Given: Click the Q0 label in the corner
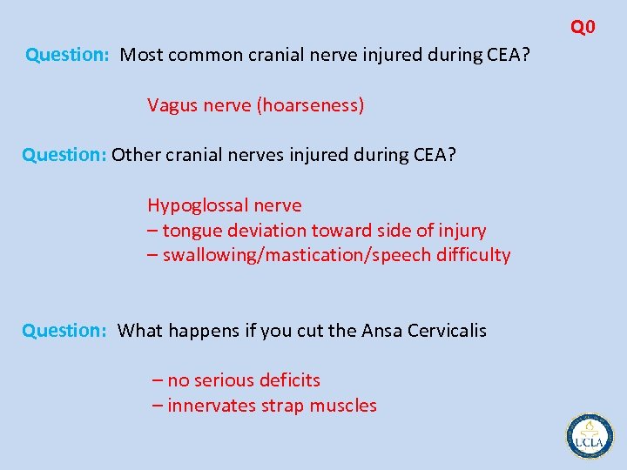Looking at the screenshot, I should [x=583, y=27].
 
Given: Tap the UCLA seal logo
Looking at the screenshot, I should [x=590, y=434].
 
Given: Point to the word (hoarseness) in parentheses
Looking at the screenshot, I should [x=309, y=105].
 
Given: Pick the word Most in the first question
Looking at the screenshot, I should [x=140, y=55].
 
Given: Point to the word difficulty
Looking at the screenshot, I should [x=474, y=255].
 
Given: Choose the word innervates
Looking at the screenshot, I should [x=212, y=406].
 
